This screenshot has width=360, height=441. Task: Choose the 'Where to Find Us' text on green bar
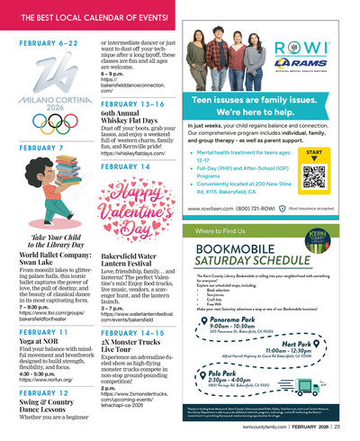coord(221,230)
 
